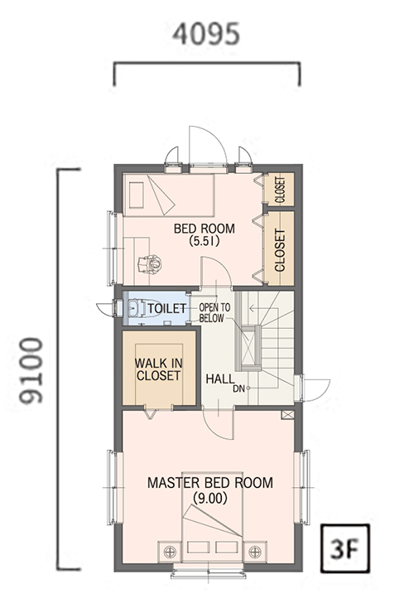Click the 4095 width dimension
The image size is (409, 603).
[206, 34]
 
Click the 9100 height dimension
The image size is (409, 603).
[31, 370]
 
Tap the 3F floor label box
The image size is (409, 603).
[344, 548]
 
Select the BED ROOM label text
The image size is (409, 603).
[204, 229]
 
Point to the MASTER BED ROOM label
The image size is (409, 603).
[210, 482]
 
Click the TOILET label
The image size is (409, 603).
[167, 308]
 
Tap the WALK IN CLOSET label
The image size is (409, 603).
[158, 369]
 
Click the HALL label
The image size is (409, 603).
[220, 379]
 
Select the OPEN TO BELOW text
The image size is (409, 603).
[214, 312]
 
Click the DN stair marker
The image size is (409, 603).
[238, 388]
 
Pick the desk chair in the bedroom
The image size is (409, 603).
[150, 263]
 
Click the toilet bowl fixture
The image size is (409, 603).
[143, 308]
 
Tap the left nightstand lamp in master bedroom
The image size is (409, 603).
[170, 552]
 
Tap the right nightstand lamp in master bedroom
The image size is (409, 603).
[255, 552]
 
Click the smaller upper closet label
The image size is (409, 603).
[280, 189]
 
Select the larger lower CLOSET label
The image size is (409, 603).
[280, 250]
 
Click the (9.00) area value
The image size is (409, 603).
[210, 499]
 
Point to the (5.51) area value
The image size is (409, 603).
[204, 241]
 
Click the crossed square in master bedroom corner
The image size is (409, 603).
[287, 414]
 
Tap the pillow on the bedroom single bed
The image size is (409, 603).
[135, 195]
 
